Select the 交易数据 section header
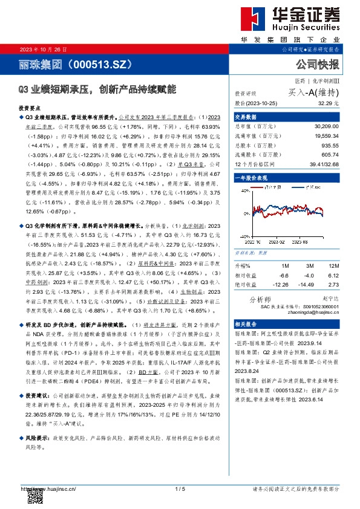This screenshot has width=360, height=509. click(x=246, y=117)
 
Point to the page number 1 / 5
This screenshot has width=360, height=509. click(x=179, y=488)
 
